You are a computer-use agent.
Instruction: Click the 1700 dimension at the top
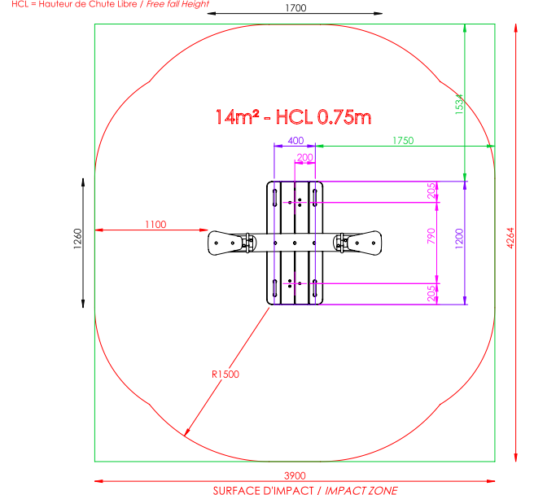pyautogui.click(x=295, y=8)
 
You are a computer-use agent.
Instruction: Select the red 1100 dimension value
pyautogui.click(x=155, y=225)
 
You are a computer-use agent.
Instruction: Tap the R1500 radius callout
pyautogui.click(x=225, y=375)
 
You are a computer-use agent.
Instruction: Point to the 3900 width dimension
pyautogui.click(x=295, y=475)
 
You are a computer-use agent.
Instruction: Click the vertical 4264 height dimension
pyautogui.click(x=510, y=238)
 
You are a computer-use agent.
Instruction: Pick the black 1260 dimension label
pyautogui.click(x=77, y=239)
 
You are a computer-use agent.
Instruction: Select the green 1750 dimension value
pyautogui.click(x=403, y=140)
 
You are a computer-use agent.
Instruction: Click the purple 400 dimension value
pyautogui.click(x=295, y=140)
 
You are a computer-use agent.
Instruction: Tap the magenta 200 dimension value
pyautogui.click(x=304, y=157)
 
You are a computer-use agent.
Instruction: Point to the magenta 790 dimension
pyautogui.click(x=431, y=236)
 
